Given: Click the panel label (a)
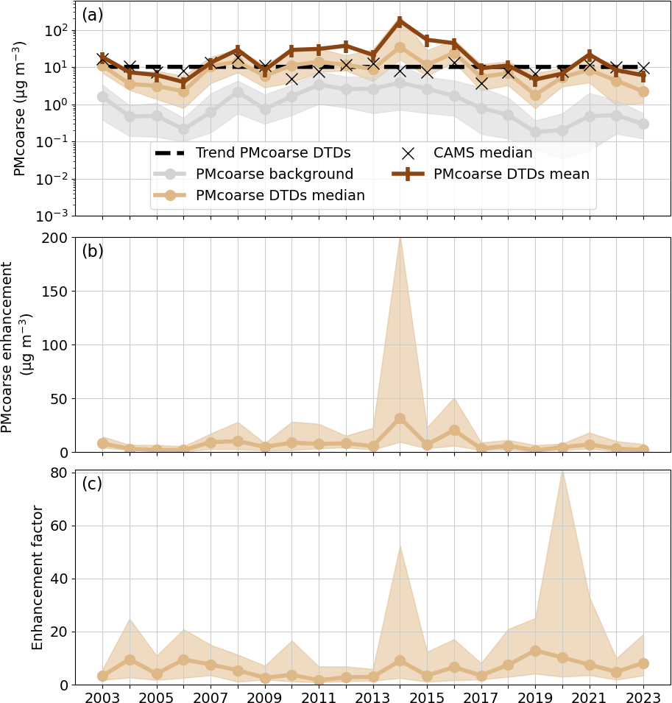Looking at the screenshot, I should click(93, 15).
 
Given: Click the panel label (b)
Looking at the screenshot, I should click(93, 251).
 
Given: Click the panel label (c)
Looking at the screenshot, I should click(92, 484).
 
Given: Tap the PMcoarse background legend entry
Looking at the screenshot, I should click(274, 174).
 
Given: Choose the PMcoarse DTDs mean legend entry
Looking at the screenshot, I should click(511, 174).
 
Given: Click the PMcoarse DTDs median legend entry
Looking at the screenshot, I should click(280, 195).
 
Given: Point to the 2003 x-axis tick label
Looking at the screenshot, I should click(102, 697).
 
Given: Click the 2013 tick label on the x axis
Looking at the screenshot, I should click(373, 697).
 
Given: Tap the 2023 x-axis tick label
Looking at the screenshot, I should click(643, 697).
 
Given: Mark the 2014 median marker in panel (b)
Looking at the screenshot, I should click(400, 418).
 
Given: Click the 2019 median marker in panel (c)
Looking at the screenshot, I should click(535, 651).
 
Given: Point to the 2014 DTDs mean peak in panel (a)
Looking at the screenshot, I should click(400, 21).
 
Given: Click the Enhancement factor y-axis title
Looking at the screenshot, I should click(38, 577).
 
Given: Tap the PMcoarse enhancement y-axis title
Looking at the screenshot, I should click(16, 346).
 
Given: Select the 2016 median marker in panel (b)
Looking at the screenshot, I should click(454, 430).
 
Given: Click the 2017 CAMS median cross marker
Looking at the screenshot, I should click(481, 83).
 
